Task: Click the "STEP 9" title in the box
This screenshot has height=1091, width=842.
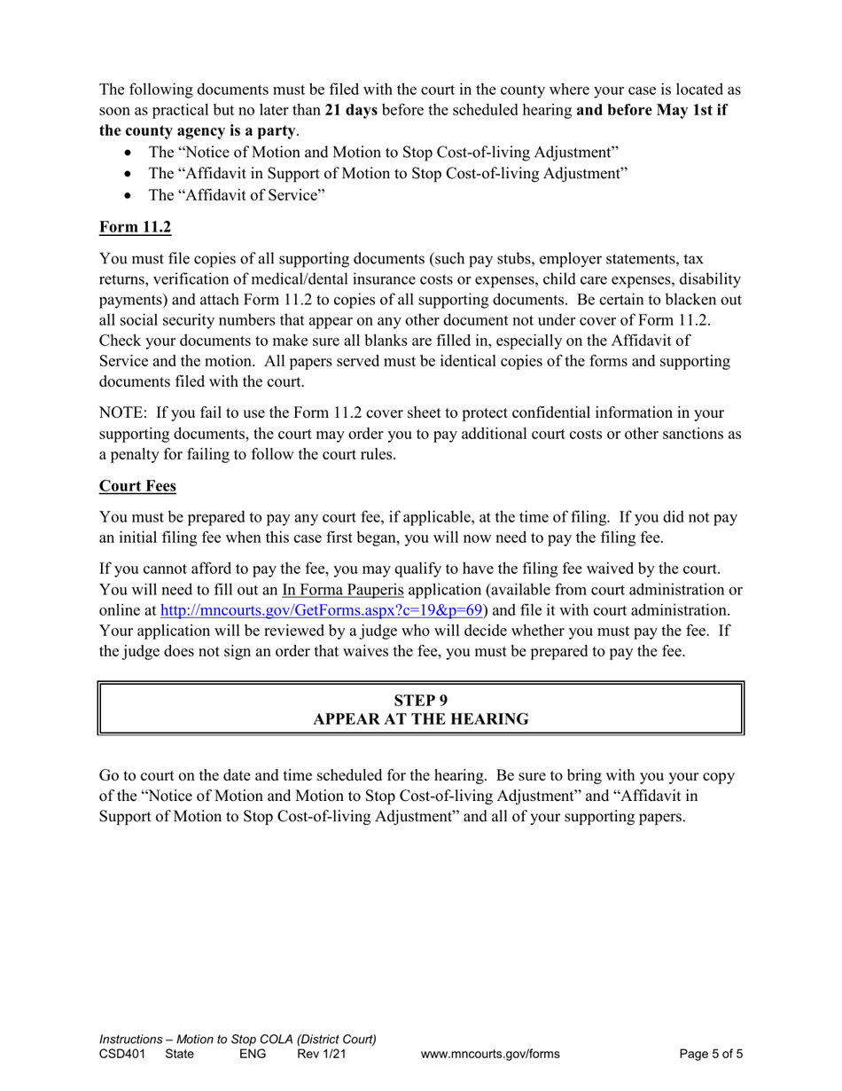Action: coord(421,699)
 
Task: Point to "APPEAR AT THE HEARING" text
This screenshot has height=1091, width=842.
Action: coord(421,719)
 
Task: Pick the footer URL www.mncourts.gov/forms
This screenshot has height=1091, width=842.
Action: coord(490,1055)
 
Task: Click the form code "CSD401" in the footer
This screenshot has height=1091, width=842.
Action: coord(123,1055)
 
